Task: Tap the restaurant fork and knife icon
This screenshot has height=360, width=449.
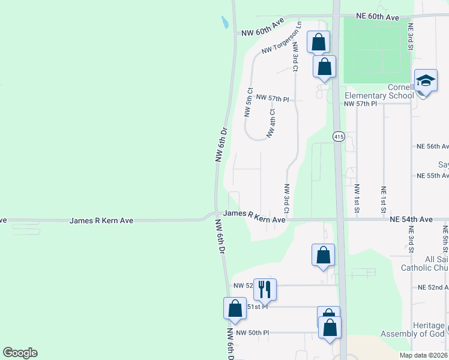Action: click(x=264, y=290)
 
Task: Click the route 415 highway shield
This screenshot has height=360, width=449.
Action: click(x=338, y=137)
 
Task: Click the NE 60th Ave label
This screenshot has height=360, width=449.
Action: click(x=378, y=18)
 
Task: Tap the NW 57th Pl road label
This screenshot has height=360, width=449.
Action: click(x=273, y=97)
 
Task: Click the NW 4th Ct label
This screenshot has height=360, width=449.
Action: click(x=272, y=123)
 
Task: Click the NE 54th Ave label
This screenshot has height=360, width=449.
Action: click(x=410, y=220)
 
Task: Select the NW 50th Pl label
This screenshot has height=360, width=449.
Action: click(x=253, y=332)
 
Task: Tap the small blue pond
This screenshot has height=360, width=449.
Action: click(x=224, y=23)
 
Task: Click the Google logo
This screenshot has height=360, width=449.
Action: click(x=20, y=353)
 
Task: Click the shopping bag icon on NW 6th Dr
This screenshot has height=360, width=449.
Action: click(x=235, y=308)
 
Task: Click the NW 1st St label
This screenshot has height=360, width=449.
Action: click(x=357, y=197)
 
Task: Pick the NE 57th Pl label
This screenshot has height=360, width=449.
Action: click(x=360, y=104)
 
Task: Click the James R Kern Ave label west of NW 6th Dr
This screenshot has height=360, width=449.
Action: click(x=101, y=221)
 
